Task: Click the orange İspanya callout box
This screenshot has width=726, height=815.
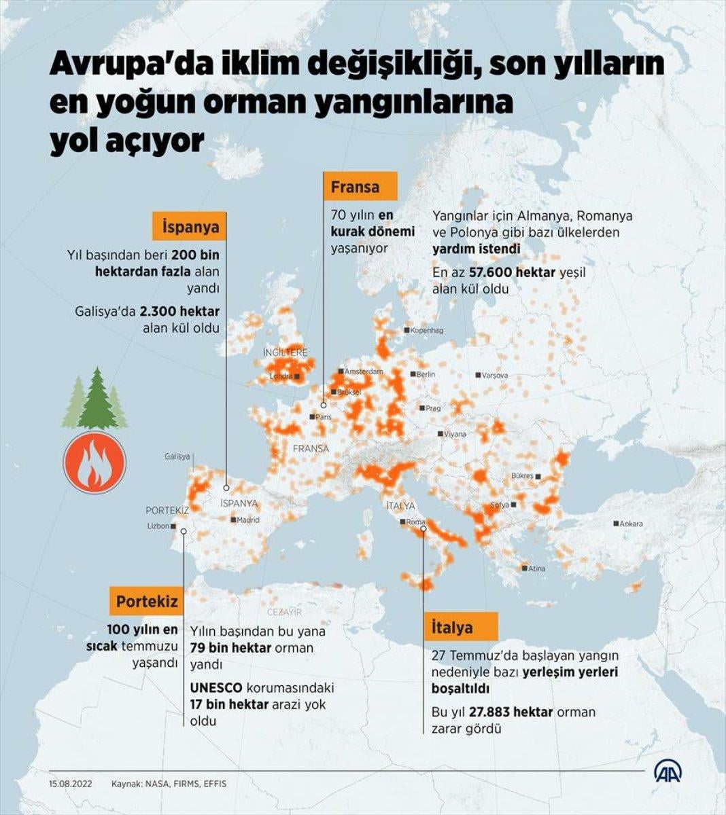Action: click(x=191, y=227)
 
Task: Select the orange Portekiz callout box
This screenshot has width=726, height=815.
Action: click(x=147, y=601)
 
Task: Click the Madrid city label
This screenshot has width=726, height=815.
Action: click(x=248, y=520)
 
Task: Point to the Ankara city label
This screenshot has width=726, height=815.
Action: click(x=632, y=524)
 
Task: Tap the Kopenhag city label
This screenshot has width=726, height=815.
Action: click(x=427, y=331)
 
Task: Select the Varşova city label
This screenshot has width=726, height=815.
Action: click(x=495, y=375)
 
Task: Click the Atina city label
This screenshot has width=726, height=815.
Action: click(x=536, y=568)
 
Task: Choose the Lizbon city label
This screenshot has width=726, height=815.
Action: click(x=158, y=526)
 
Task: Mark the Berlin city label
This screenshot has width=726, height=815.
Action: click(x=426, y=374)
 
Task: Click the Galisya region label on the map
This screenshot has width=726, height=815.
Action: click(x=177, y=457)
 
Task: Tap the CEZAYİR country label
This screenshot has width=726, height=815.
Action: click(x=284, y=612)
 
